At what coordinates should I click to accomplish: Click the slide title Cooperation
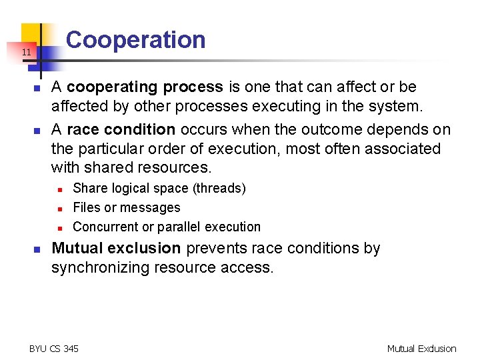coord(136,40)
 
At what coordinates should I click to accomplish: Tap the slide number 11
coord(25,52)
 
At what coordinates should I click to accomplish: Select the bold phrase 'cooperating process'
coord(145,87)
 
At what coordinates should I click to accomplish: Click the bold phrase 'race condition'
coord(121,129)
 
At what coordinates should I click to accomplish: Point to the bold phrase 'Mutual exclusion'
coord(116,249)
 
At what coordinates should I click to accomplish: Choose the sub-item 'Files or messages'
coord(127,208)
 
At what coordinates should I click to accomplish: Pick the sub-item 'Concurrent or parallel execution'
coord(167,227)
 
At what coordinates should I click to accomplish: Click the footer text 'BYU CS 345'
coord(54,349)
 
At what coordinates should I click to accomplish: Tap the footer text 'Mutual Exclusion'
coord(421,349)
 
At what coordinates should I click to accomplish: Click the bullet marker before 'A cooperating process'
coord(38,88)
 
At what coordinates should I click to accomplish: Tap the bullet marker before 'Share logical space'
coord(59,189)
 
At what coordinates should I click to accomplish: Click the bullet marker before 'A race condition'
coord(38,131)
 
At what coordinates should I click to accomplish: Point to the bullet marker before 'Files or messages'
coord(59,209)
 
